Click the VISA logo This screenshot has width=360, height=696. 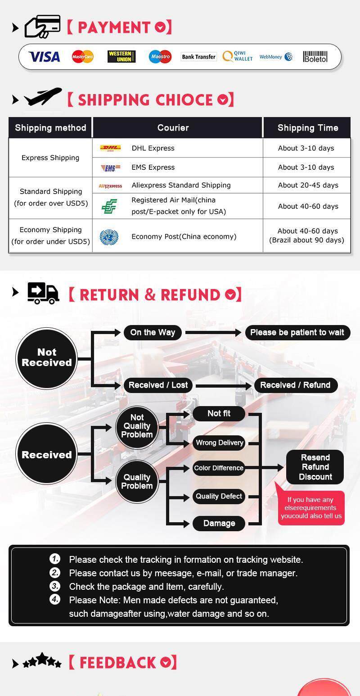point(44,57)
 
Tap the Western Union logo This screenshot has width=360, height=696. point(121,57)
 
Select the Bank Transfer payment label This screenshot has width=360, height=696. point(199,57)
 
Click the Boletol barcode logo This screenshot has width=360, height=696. point(315,57)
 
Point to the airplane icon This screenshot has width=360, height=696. point(43,96)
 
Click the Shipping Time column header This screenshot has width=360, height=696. point(307,128)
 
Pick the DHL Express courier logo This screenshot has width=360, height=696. point(110,148)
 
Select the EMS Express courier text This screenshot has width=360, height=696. point(153,167)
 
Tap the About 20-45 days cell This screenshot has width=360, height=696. point(308,185)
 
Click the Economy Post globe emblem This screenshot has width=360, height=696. point(109,237)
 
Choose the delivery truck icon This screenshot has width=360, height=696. point(43,293)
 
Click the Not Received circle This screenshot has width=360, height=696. point(46,358)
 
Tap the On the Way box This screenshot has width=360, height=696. point(153,333)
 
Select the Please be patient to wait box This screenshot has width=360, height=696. point(297,333)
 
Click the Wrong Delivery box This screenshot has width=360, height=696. point(219,443)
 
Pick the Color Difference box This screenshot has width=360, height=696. point(219,468)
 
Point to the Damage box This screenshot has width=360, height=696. point(219,523)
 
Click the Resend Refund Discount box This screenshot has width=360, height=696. point(315,467)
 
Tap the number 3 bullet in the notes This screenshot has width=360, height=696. point(55,586)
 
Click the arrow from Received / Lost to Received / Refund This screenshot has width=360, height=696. point(224,385)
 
